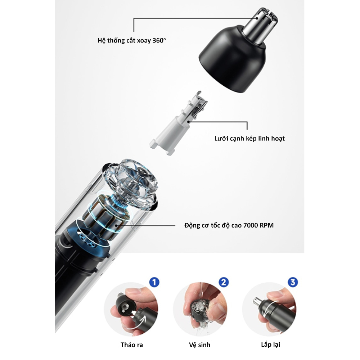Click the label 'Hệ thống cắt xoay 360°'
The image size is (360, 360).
click(x=131, y=41)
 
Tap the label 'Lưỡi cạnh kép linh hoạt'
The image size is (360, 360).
click(x=249, y=139)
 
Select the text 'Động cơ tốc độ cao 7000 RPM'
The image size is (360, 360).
click(x=229, y=225)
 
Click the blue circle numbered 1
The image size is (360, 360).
click(x=154, y=282)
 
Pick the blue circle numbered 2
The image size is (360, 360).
click(x=224, y=282)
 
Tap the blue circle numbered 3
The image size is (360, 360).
click(x=293, y=282)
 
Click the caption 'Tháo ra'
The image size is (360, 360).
click(x=132, y=345)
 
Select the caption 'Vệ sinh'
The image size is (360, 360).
click(x=199, y=345)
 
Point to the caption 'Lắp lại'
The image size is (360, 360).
click(x=270, y=345)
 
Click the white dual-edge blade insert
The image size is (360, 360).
click(x=177, y=124)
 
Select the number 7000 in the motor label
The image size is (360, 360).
click(x=251, y=225)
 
